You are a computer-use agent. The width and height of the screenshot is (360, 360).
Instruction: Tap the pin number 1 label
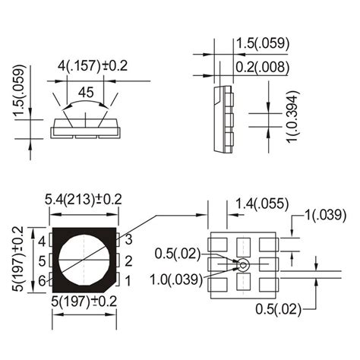(129, 282)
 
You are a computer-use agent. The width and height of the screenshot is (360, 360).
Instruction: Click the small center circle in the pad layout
(244, 265)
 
